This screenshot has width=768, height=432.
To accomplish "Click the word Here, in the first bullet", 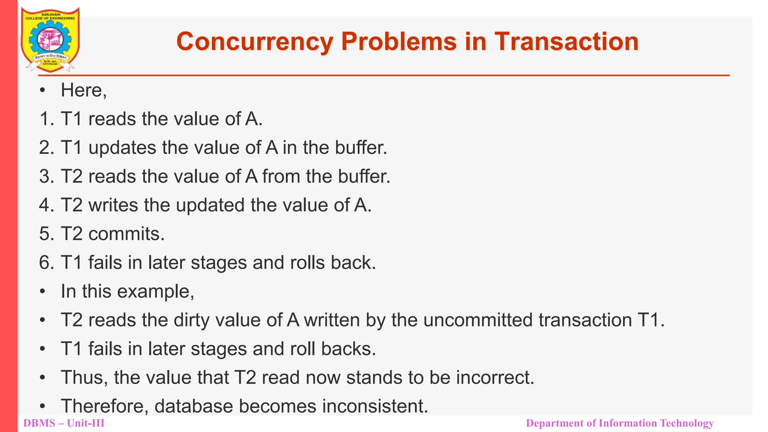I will tap(84, 90).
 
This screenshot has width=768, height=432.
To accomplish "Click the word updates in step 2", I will tap(122, 148).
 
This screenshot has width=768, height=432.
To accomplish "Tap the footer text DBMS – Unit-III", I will tap(64, 423).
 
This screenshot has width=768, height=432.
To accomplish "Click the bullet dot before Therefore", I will tap(43, 406).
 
